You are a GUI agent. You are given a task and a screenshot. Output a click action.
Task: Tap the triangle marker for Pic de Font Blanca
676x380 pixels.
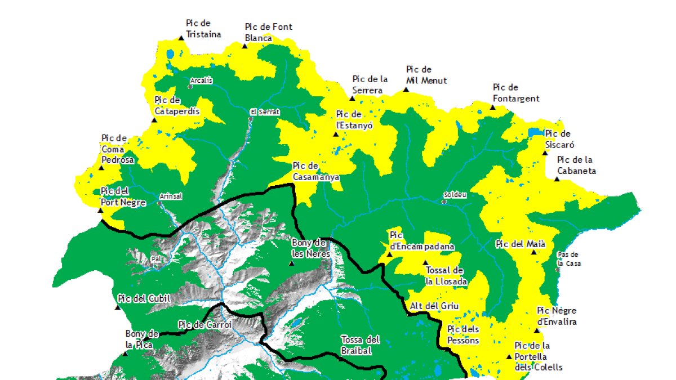(x=244, y=46)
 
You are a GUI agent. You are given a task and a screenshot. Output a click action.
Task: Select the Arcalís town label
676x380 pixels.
(x=202, y=81)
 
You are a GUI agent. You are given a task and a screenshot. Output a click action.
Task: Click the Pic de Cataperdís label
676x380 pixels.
(x=176, y=106)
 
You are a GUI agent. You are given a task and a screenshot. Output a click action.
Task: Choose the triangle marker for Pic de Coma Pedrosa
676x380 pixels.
(x=102, y=167)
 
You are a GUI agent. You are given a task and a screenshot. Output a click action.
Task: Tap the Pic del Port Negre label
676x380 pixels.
(x=123, y=197)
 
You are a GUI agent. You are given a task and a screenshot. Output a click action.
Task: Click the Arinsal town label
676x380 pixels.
(x=170, y=196)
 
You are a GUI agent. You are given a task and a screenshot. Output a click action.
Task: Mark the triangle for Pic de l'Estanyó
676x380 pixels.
(x=336, y=135)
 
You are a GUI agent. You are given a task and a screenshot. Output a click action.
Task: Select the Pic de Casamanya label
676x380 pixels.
(x=315, y=171)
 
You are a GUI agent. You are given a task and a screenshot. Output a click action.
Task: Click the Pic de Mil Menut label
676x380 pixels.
(x=426, y=75)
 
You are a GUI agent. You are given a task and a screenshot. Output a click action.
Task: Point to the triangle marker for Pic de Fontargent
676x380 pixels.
(x=492, y=107)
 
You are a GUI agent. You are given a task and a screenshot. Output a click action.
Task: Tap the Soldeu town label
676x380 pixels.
(x=455, y=195)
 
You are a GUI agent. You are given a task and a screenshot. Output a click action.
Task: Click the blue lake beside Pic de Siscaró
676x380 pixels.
(x=533, y=133)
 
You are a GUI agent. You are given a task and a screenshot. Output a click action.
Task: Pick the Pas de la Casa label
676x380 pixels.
(x=568, y=258)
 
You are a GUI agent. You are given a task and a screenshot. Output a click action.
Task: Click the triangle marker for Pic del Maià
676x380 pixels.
(x=533, y=252)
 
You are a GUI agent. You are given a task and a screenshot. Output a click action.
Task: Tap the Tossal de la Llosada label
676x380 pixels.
(x=444, y=276)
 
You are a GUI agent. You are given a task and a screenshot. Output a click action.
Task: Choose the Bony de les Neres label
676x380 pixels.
(x=309, y=248)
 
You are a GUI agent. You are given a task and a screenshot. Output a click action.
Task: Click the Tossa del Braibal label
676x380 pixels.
(x=360, y=345)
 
